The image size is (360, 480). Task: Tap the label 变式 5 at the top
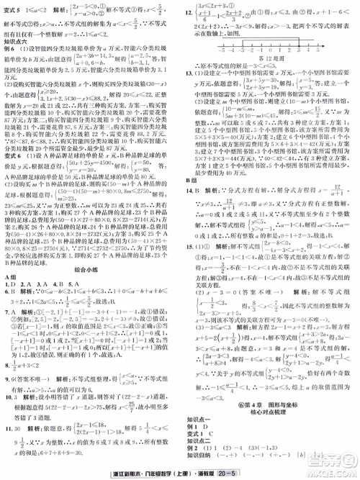point(17,10)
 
